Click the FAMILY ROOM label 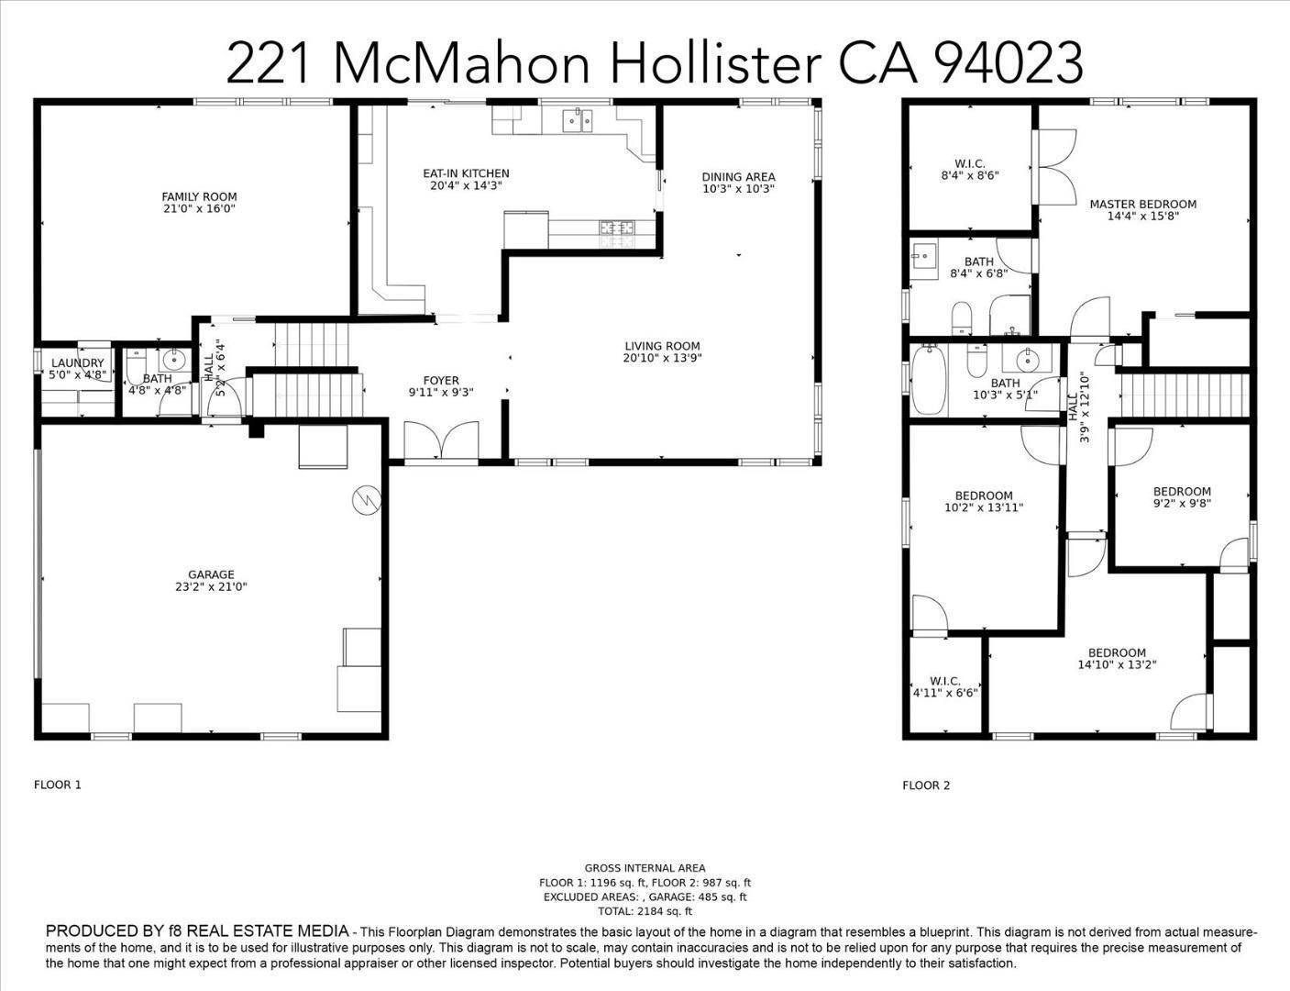[199, 196]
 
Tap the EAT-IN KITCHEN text [466, 173]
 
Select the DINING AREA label [738, 177]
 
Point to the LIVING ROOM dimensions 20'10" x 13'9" [662, 359]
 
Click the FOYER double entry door [442, 440]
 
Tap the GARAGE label [211, 575]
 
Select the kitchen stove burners [617, 228]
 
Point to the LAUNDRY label [77, 363]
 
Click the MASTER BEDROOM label [1142, 205]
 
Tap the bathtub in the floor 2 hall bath [928, 380]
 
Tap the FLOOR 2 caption [926, 785]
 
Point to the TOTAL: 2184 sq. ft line [645, 911]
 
